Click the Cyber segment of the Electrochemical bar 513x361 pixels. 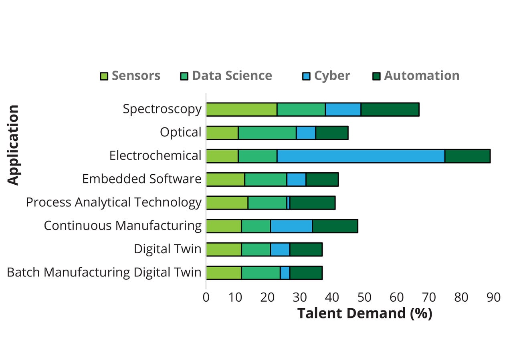point(361,156)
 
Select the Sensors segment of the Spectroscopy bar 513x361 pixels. point(242,109)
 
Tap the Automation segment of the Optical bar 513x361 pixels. point(331,133)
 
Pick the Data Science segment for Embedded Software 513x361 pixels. point(266,179)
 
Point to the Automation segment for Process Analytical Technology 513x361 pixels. point(312,203)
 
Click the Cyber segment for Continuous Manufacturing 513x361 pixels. point(291,226)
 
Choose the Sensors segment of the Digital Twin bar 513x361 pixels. point(224,249)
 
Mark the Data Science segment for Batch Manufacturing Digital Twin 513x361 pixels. point(261,272)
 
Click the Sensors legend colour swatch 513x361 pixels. point(104,76)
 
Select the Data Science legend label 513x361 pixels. point(232,76)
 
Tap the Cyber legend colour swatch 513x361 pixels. point(307,76)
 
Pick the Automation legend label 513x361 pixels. point(422,76)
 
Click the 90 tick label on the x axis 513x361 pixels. point(493,297)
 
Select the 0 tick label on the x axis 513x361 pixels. point(206,297)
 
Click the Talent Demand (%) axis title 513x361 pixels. point(365,313)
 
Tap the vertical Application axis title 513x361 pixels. point(13,145)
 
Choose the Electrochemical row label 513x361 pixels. point(155,156)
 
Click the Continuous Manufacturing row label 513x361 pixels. point(123,226)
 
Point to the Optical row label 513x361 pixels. point(180,133)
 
